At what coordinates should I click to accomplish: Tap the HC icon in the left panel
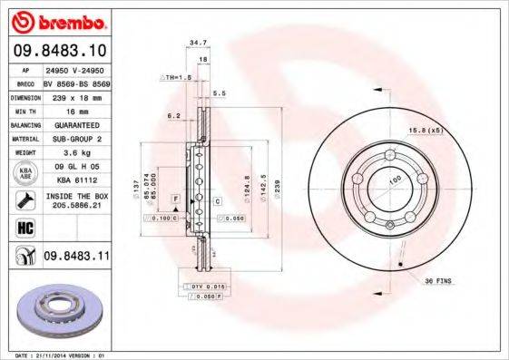[x=24, y=228]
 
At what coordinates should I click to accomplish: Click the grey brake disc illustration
[x=62, y=312]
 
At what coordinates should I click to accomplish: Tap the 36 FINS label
[x=438, y=279]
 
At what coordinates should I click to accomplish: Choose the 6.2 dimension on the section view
[x=172, y=116]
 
